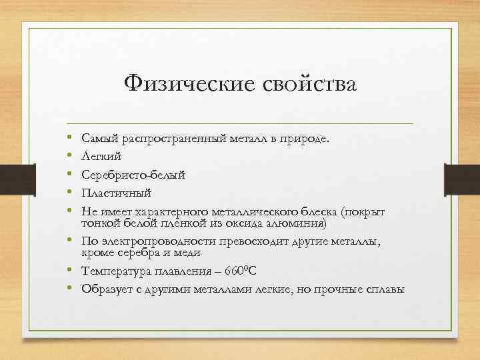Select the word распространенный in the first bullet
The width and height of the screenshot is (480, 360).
163,138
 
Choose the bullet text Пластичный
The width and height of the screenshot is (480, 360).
116,193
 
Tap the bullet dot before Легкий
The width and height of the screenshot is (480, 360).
69,156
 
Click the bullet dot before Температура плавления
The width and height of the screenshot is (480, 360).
69,271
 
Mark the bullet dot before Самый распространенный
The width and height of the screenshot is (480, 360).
69,138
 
